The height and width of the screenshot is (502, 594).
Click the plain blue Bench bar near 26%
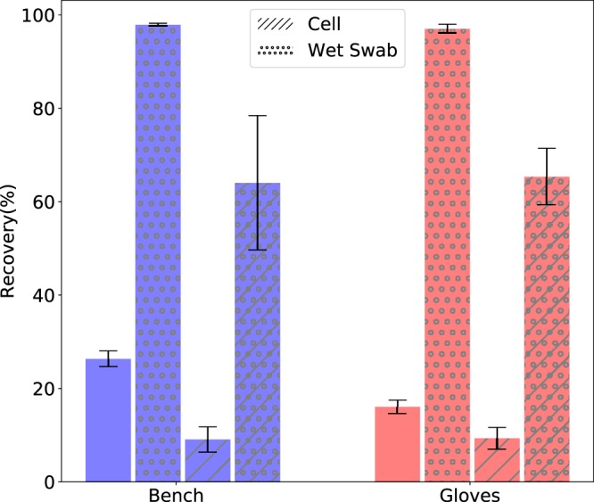click(x=108, y=420)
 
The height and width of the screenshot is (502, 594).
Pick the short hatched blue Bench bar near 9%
click(x=208, y=460)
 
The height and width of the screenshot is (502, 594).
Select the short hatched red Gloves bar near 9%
click(x=497, y=459)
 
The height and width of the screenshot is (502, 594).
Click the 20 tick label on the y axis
click(x=40, y=389)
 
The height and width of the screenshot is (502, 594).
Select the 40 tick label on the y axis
click(x=40, y=295)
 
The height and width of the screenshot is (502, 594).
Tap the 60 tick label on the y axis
click(x=40, y=202)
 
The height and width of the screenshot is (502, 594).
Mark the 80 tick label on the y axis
click(x=40, y=109)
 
